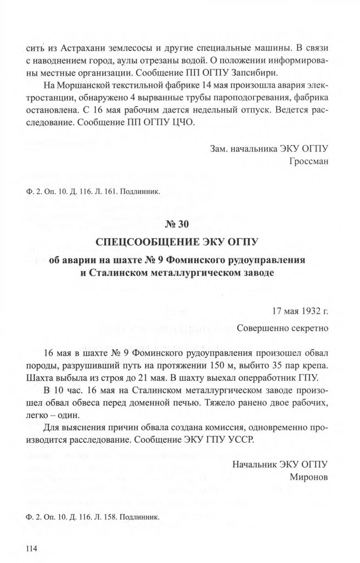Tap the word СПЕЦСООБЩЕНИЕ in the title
pos(148,241)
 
